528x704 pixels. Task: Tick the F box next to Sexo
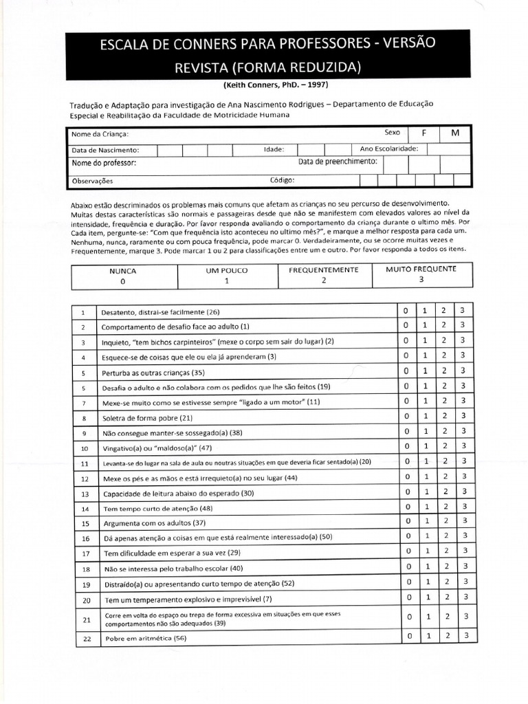[x=424, y=133]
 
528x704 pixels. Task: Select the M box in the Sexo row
[x=455, y=133]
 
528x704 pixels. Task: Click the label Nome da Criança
[x=100, y=135]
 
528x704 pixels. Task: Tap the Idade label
[x=274, y=149]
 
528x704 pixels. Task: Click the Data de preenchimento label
[x=338, y=162]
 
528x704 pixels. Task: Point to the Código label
[x=282, y=181]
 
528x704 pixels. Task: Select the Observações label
[x=92, y=181]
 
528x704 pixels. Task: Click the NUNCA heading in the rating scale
[x=123, y=271]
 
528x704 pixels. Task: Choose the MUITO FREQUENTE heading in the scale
[x=421, y=269]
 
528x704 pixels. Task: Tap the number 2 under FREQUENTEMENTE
[x=323, y=280]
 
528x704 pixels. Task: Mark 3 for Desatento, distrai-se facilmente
[x=463, y=310]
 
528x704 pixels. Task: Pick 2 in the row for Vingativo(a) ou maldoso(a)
[x=443, y=447]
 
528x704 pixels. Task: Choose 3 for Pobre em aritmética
[x=466, y=636]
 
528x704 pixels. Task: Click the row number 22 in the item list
[x=86, y=639]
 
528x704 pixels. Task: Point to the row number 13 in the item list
[x=85, y=494]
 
